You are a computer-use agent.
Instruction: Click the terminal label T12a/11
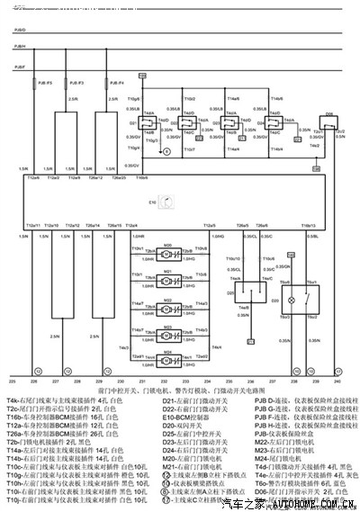[x=33, y=225]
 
